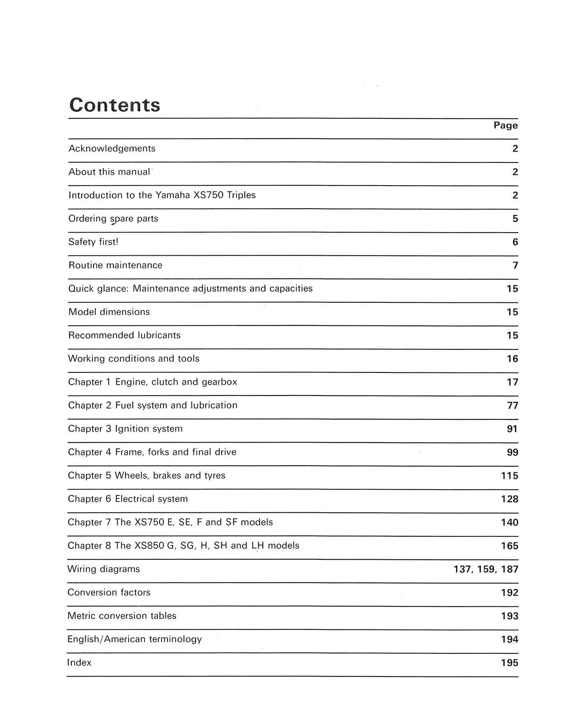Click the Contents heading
[115, 105]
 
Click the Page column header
[506, 126]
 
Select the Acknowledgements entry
[112, 149]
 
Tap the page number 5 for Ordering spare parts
[515, 219]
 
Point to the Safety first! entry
[93, 242]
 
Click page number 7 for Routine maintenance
[515, 265]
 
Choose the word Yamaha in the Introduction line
[173, 195]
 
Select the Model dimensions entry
[109, 312]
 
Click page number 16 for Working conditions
[512, 359]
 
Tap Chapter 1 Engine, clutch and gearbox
[152, 382]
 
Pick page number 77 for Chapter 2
[512, 406]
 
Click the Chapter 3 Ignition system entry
[125, 429]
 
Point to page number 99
[512, 453]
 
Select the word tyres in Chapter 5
[214, 476]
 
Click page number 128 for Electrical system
[509, 499]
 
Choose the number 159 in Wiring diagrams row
[486, 569]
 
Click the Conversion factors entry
[109, 593]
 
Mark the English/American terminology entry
[134, 639]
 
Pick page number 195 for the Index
[509, 663]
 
